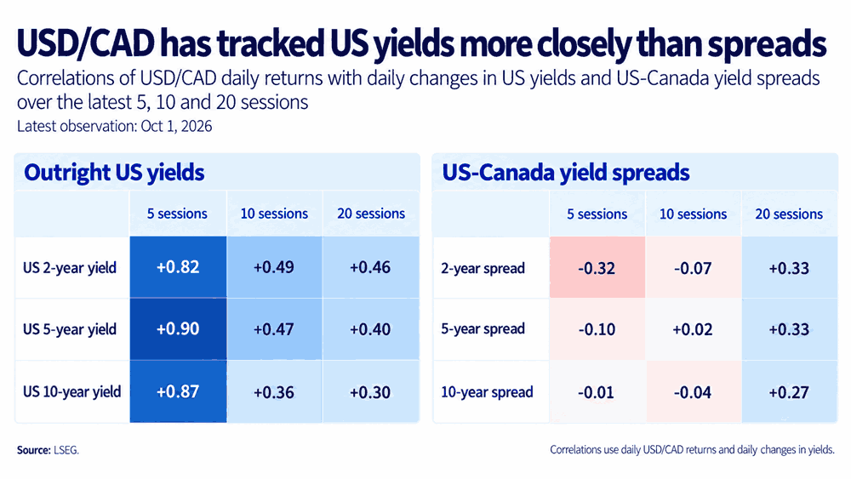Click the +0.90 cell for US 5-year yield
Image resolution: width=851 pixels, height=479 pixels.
point(178,329)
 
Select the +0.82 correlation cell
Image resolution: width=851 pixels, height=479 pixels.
point(178,267)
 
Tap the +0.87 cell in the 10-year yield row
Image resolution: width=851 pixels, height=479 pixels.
point(178,391)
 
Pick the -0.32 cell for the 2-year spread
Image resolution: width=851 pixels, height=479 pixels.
point(597,267)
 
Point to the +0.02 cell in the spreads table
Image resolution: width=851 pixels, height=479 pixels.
point(693,329)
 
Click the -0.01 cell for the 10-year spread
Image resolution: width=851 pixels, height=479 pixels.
point(597,391)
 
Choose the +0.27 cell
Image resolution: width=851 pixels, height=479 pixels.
point(789,391)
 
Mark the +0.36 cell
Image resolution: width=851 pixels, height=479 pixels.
point(274,391)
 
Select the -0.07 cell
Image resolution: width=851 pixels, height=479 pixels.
point(693,267)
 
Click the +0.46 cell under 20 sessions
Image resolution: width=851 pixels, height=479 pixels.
point(371,267)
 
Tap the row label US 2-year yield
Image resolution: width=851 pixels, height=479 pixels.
point(70,268)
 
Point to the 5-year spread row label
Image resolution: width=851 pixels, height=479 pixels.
point(483,329)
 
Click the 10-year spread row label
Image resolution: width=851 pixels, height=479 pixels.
point(487,392)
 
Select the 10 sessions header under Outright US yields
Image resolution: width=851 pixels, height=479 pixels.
point(274,214)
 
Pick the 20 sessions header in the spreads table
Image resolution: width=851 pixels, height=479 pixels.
point(789,214)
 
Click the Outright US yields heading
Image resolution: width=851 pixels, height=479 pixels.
point(115,173)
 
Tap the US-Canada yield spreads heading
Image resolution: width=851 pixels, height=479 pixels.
point(566,173)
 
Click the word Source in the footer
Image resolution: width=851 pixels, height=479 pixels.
point(34,450)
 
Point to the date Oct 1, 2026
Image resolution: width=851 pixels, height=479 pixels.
point(176,127)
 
